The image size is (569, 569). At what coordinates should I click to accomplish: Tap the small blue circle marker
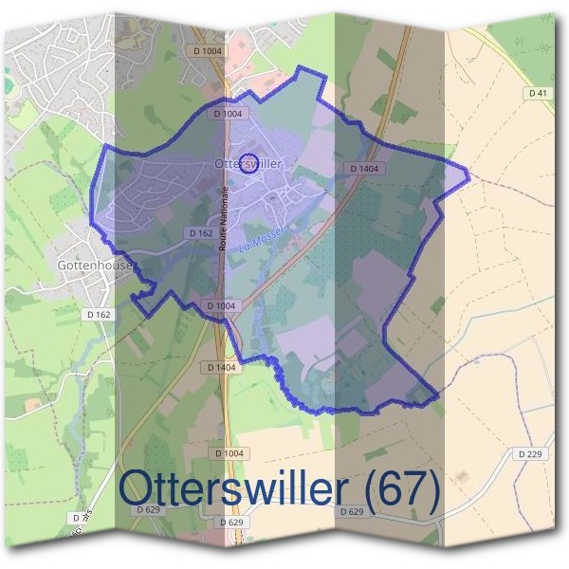(249, 163)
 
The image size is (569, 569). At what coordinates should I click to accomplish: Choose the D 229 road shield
(530, 454)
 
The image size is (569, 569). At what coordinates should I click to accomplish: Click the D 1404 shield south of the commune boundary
(220, 366)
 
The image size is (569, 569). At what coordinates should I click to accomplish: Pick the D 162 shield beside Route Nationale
(199, 232)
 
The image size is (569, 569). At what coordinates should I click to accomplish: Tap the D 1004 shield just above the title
(229, 454)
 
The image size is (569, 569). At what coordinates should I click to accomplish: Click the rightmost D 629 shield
(350, 512)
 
